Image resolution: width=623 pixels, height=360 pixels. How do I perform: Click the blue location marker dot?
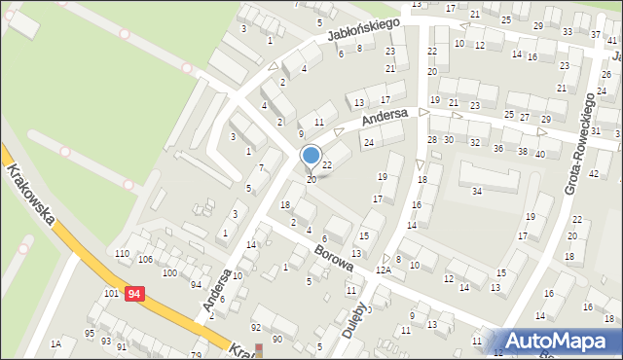[311, 154]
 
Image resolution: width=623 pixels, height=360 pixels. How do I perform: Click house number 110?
[122, 254]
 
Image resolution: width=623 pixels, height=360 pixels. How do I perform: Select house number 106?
[145, 260]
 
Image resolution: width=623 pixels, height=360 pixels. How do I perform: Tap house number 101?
[111, 293]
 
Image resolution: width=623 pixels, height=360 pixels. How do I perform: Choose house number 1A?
[56, 343]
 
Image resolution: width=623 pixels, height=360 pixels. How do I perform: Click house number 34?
[477, 191]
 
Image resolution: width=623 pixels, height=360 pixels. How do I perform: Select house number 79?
[196, 355]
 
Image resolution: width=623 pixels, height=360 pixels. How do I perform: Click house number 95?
[90, 334]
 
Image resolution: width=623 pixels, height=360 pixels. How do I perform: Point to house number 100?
[169, 273]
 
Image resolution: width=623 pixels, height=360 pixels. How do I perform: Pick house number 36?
[498, 148]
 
